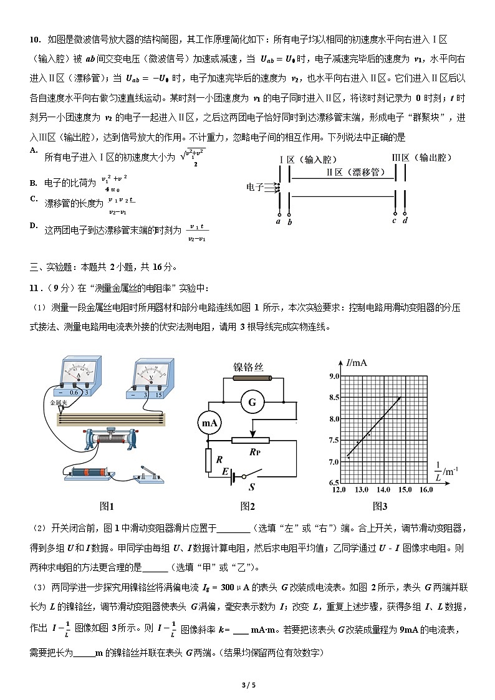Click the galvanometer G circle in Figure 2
(x=252, y=403)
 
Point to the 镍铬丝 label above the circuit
(x=249, y=367)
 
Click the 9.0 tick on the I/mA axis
(x=333, y=376)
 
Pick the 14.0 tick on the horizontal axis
(x=383, y=490)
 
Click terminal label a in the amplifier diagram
(x=278, y=221)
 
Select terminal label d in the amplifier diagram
(x=405, y=221)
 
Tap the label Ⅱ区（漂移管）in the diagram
(x=353, y=172)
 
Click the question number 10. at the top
(x=35, y=40)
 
